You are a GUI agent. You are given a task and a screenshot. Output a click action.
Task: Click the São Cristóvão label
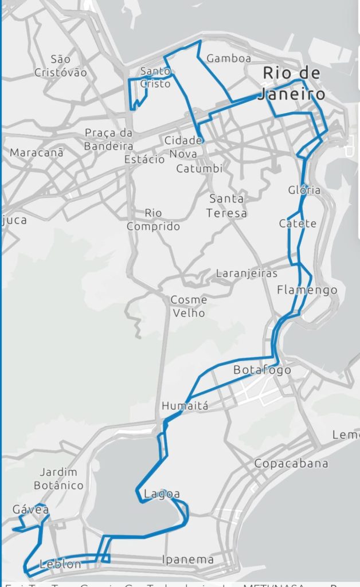pyautogui.click(x=60, y=66)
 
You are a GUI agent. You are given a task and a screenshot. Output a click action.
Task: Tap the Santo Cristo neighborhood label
pyautogui.click(x=155, y=77)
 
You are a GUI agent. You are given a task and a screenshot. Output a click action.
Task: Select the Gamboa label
pyautogui.click(x=229, y=58)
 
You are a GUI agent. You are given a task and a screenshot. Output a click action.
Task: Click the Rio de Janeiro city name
pyautogui.click(x=291, y=84)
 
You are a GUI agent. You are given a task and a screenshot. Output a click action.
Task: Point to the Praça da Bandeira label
pyautogui.click(x=108, y=139)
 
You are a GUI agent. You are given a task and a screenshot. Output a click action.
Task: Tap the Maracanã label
pyautogui.click(x=37, y=153)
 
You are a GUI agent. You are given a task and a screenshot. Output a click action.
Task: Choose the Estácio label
pyautogui.click(x=144, y=159)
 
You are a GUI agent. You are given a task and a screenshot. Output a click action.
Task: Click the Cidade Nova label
pyautogui.click(x=183, y=147)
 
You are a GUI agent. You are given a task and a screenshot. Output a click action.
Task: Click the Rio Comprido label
pyautogui.click(x=153, y=220)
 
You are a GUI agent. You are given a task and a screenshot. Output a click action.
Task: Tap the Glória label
pyautogui.click(x=304, y=190)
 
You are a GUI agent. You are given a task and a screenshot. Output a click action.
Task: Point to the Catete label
pyautogui.click(x=298, y=224)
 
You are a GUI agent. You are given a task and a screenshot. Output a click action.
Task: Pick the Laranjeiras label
pyautogui.click(x=246, y=273)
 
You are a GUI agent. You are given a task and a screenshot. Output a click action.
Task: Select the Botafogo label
pyautogui.click(x=262, y=370)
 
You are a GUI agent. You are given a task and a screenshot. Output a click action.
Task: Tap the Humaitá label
pyautogui.click(x=185, y=406)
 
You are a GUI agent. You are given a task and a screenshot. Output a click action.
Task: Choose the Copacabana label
pyautogui.click(x=291, y=463)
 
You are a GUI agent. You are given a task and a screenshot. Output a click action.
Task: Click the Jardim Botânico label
pyautogui.click(x=61, y=479)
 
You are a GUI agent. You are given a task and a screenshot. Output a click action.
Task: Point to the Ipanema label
pyautogui.click(x=188, y=559)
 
